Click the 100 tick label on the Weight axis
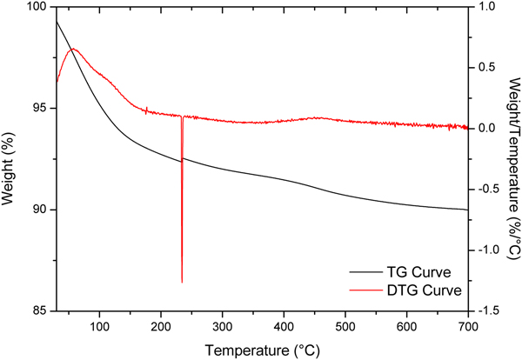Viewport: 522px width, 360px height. [37, 7]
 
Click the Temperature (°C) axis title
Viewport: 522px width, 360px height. [262, 350]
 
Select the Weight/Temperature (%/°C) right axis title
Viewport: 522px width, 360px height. [512, 159]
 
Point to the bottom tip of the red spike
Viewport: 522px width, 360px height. [182, 282]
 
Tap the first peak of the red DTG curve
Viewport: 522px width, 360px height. [74, 50]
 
